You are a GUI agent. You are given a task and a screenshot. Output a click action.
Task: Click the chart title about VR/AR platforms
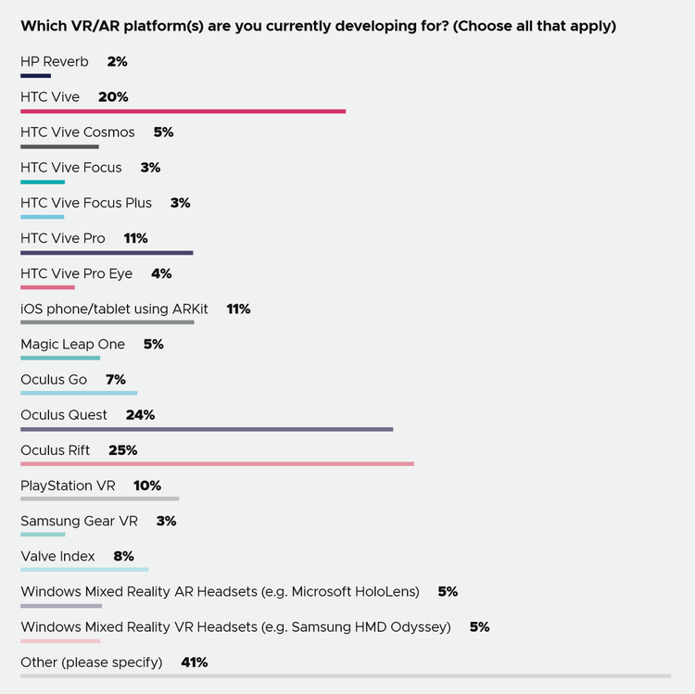(x=318, y=26)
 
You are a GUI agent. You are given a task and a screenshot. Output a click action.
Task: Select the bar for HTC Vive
(x=183, y=111)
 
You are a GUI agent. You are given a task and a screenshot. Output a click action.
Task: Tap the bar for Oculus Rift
(x=217, y=464)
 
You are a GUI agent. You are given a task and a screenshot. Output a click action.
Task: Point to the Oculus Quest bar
(x=207, y=429)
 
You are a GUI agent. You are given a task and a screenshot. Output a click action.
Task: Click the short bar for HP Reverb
(x=35, y=76)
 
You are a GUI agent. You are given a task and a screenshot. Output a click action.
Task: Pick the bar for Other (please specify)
(x=345, y=676)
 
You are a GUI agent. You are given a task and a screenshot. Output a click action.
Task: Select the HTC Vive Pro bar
(x=107, y=252)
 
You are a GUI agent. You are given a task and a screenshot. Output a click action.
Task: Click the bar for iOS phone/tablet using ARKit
(x=107, y=322)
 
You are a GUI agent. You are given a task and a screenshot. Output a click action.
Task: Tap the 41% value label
(x=195, y=662)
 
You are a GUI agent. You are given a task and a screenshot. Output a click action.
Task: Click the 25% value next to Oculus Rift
(x=122, y=450)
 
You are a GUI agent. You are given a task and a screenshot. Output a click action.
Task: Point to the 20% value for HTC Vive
(x=113, y=97)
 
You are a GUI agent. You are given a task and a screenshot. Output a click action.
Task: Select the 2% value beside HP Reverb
(x=117, y=62)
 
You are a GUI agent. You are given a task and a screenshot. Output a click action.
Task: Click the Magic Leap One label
(x=72, y=345)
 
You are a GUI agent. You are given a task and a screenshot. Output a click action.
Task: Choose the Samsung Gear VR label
(x=79, y=521)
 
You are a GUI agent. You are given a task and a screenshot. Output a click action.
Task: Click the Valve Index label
(x=57, y=556)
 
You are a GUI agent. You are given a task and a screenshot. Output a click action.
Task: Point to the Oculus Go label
(x=54, y=380)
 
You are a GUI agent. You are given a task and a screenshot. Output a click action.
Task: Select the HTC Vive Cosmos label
(x=78, y=132)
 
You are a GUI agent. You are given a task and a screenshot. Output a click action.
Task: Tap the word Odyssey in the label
(x=421, y=627)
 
